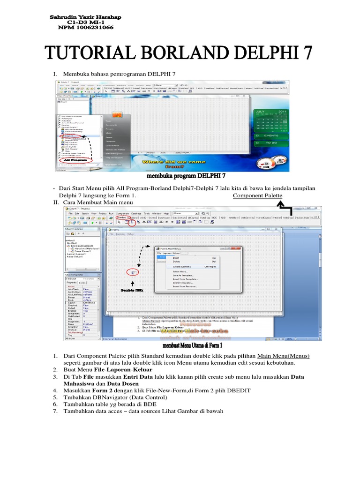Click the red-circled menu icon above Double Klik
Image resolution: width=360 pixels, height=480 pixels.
(x=133, y=272)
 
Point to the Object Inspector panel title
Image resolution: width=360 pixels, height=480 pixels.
(x=75, y=275)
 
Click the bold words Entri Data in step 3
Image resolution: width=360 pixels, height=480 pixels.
(x=140, y=377)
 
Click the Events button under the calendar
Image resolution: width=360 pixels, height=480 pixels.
(x=270, y=136)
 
